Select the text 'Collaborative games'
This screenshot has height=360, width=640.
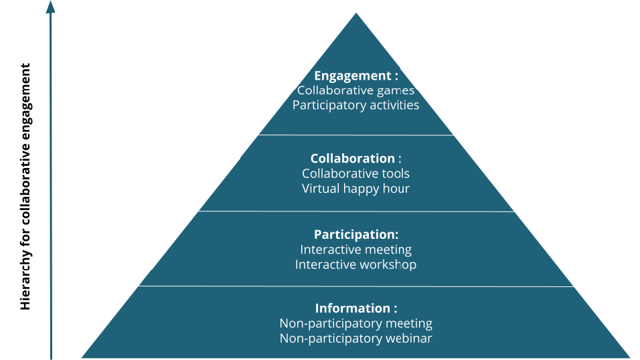point(355,90)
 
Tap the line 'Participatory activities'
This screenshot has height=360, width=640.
point(355,105)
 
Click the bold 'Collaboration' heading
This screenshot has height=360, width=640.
point(353,159)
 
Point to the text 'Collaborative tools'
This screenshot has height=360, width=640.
point(355,173)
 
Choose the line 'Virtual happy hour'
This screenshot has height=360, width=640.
point(355,188)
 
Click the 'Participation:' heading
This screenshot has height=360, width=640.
point(355,234)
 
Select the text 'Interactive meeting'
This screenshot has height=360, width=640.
point(355,250)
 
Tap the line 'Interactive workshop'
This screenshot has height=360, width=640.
point(355,264)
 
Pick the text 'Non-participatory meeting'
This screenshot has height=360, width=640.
point(355,323)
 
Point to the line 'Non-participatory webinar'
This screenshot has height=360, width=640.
point(355,338)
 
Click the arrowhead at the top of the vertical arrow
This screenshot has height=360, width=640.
point(50,7)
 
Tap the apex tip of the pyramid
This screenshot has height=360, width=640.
point(355,15)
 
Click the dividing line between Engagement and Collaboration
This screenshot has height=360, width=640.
point(355,135)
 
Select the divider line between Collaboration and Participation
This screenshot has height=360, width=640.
point(355,211)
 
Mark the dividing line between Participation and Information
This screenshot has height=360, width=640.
point(355,286)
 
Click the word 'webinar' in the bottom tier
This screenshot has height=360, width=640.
point(408,338)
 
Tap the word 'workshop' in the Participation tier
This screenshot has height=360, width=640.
point(388,264)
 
